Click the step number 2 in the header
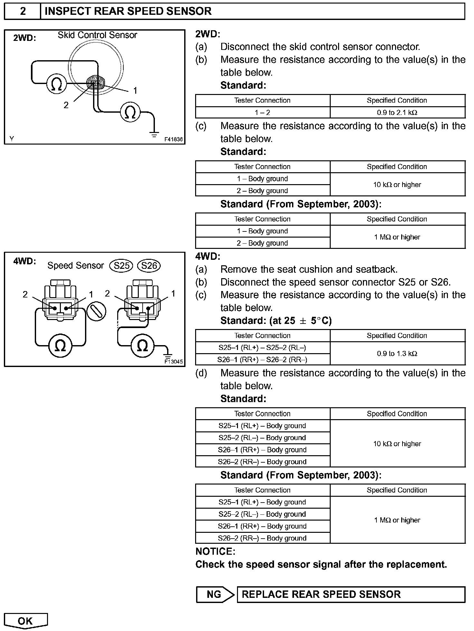23,11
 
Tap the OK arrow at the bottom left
26,621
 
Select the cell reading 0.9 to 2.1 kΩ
397,112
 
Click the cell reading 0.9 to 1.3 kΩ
397,353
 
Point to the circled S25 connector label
121,266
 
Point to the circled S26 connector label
149,266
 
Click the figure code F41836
173,139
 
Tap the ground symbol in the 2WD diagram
155,134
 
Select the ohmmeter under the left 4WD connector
60,345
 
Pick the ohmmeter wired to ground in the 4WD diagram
142,345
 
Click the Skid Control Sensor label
97,35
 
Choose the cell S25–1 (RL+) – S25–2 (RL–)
262,348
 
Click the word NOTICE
215,551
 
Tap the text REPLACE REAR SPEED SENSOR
321,594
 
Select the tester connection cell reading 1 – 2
262,112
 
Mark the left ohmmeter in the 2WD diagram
56,84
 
